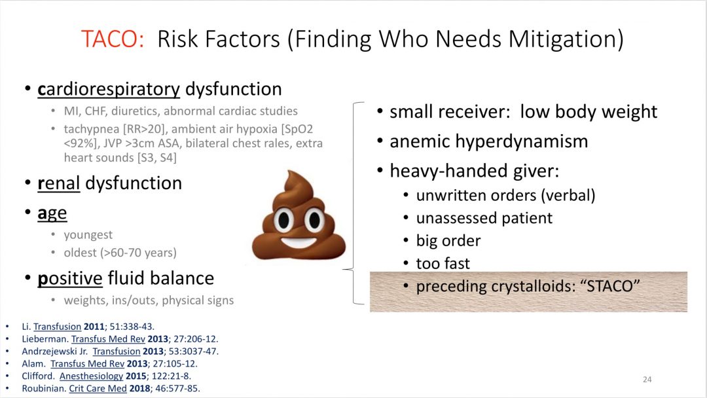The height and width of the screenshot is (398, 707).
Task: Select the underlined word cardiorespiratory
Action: click(109, 90)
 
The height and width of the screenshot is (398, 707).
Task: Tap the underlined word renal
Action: click(59, 183)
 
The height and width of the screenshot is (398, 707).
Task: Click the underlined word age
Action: click(52, 213)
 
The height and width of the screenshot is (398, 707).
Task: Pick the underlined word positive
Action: click(70, 279)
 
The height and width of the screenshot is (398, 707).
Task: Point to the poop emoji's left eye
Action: click(283, 220)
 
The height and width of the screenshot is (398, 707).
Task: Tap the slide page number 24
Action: click(647, 380)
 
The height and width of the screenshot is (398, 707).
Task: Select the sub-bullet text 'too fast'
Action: click(443, 263)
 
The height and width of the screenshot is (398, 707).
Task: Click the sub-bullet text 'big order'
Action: click(448, 241)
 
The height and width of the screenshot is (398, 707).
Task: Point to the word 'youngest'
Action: click(88, 235)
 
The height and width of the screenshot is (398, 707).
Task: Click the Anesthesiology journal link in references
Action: click(91, 376)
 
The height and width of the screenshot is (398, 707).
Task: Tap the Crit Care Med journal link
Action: click(98, 389)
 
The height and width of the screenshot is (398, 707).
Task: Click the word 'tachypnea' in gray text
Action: click(92, 130)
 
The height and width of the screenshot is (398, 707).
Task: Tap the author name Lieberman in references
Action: click(45, 339)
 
